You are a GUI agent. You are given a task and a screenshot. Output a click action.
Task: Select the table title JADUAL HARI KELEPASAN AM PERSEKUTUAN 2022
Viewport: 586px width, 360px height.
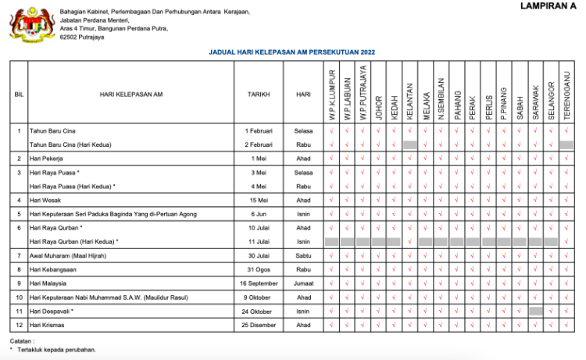click(292, 52)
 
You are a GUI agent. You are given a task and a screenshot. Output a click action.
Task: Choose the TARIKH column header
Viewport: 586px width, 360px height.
click(259, 94)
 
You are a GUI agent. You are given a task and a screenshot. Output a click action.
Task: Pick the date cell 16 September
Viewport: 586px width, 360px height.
click(259, 283)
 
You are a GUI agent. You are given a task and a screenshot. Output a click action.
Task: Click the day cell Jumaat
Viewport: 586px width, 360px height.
click(303, 283)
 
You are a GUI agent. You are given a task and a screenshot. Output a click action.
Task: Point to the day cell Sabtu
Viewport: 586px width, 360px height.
click(303, 255)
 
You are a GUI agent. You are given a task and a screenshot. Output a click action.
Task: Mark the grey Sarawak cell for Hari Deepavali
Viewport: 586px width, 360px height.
click(535, 311)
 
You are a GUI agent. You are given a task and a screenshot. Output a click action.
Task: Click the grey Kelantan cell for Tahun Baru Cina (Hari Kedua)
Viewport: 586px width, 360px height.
click(409, 144)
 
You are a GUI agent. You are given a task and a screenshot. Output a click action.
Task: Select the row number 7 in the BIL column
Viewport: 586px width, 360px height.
click(19, 255)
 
